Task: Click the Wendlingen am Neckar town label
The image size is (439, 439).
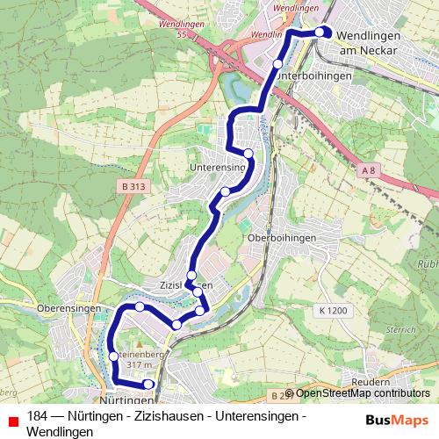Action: pyautogui.click(x=368, y=42)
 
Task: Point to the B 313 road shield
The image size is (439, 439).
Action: pyautogui.click(x=133, y=186)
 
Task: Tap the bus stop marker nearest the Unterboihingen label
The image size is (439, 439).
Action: pyautogui.click(x=277, y=64)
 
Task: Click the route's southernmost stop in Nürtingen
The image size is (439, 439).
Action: pyautogui.click(x=148, y=384)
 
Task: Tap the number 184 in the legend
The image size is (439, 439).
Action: pyautogui.click(x=37, y=416)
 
